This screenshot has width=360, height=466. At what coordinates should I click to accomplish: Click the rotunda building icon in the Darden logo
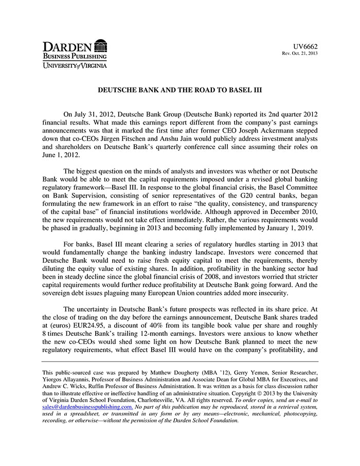click(x=101, y=45)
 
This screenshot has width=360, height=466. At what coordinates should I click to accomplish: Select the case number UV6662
click(x=307, y=47)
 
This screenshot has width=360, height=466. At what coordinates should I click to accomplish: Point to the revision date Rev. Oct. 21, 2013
click(x=299, y=54)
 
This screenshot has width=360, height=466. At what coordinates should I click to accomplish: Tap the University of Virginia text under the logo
click(x=75, y=65)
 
